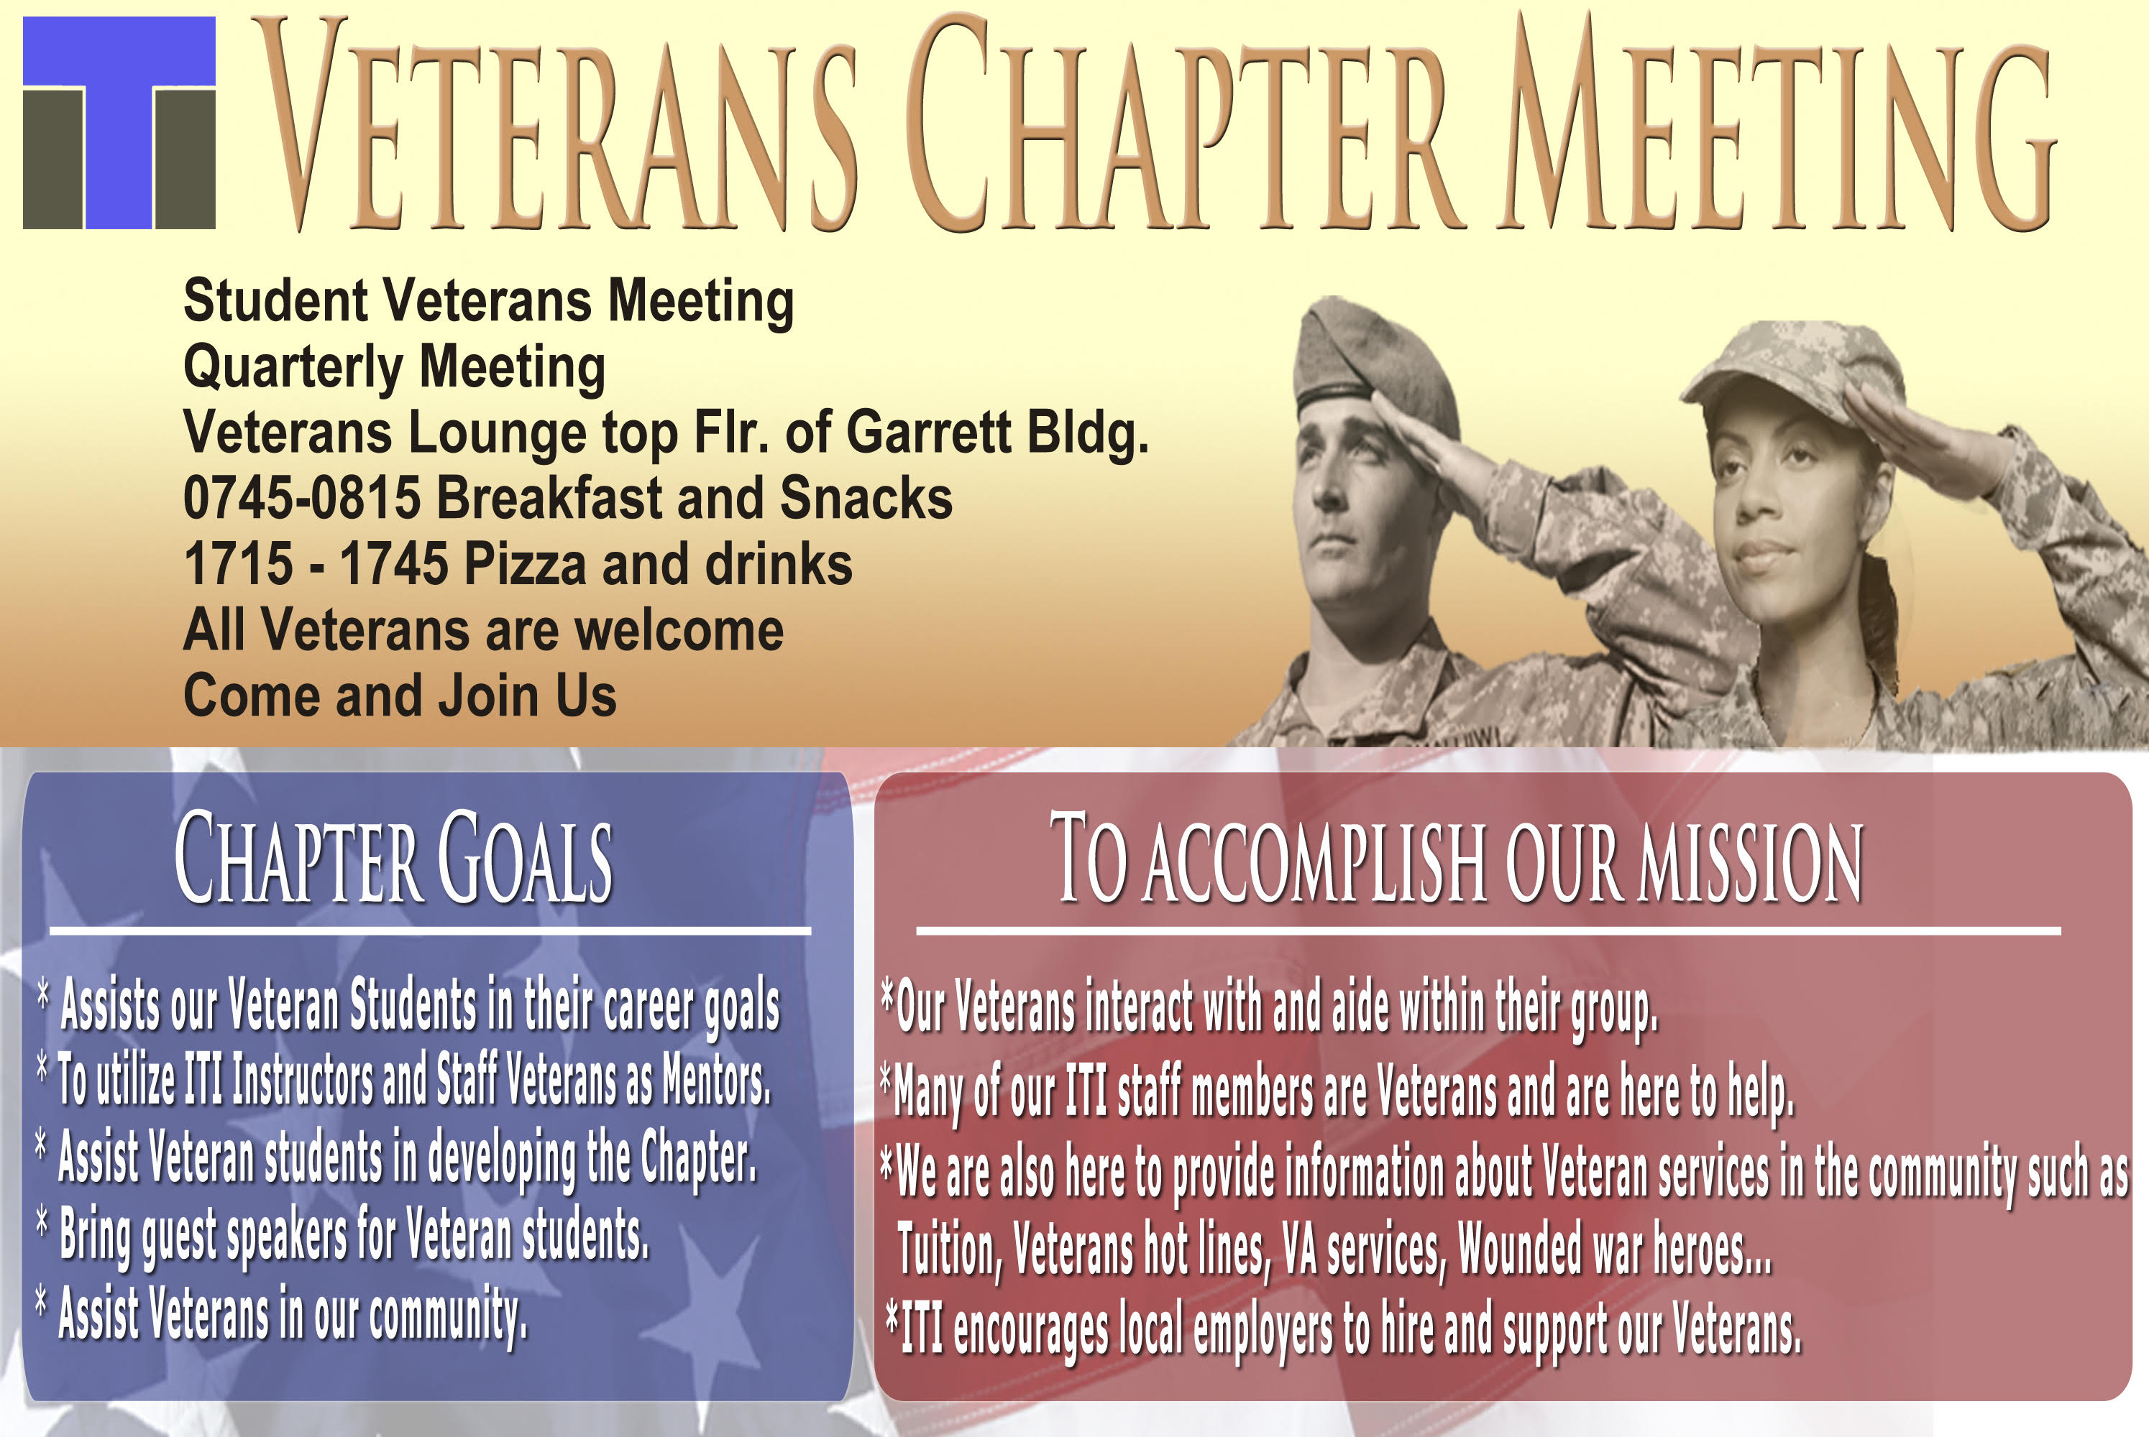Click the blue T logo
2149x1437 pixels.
click(x=118, y=122)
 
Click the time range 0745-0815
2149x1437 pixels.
click(x=302, y=498)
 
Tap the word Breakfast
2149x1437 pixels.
click(x=549, y=498)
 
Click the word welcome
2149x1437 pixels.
click(x=679, y=631)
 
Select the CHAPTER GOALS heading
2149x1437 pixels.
click(x=393, y=859)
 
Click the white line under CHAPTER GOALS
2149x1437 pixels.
click(x=430, y=931)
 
